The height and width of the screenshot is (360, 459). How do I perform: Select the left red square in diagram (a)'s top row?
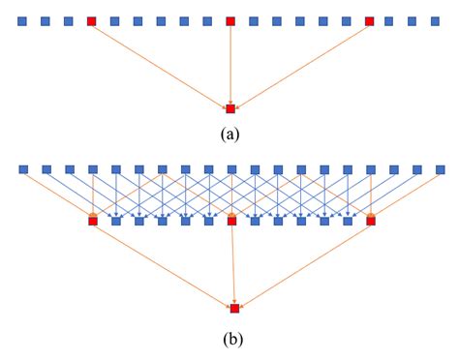click(x=91, y=20)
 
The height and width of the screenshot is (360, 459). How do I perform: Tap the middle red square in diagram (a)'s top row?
click(x=230, y=20)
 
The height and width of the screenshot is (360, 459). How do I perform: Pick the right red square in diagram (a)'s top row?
click(x=370, y=20)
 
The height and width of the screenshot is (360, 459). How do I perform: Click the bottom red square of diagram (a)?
click(x=230, y=108)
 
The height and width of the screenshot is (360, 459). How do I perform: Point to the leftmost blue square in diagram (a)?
click(x=21, y=20)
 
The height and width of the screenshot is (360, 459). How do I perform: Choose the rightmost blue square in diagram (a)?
click(x=440, y=20)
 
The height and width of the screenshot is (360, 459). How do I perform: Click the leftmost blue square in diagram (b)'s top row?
click(x=21, y=169)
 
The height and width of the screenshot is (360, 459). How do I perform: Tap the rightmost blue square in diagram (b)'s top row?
click(x=440, y=169)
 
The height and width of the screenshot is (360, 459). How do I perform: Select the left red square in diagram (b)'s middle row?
click(x=93, y=221)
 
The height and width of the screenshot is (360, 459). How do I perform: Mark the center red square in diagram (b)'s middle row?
click(x=232, y=221)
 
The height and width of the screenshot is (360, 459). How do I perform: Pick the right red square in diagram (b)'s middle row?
click(x=371, y=221)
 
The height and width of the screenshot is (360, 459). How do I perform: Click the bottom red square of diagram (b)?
click(x=234, y=308)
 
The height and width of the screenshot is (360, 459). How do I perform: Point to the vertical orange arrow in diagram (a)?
click(x=230, y=64)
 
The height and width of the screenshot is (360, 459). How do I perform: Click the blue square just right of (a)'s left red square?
click(x=114, y=20)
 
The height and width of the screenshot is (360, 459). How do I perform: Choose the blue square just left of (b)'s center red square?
click(x=209, y=221)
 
